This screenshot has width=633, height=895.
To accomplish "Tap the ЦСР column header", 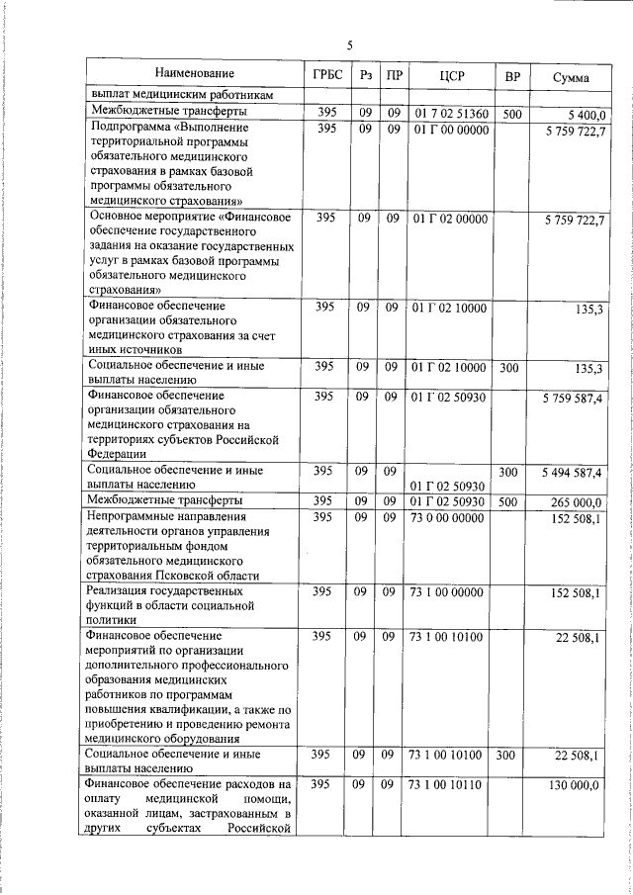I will point(451,75).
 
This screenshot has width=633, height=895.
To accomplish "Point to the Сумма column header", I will point(573,76).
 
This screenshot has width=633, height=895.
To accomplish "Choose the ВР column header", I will point(511,75).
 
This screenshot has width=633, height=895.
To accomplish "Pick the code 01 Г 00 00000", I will point(450,130).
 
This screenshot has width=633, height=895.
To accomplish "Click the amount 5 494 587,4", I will point(574,475).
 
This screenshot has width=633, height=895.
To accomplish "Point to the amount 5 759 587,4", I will point(574,398).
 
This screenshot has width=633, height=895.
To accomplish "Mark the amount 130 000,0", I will point(578,785).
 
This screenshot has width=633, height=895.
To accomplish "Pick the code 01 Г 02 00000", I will point(450,218).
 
